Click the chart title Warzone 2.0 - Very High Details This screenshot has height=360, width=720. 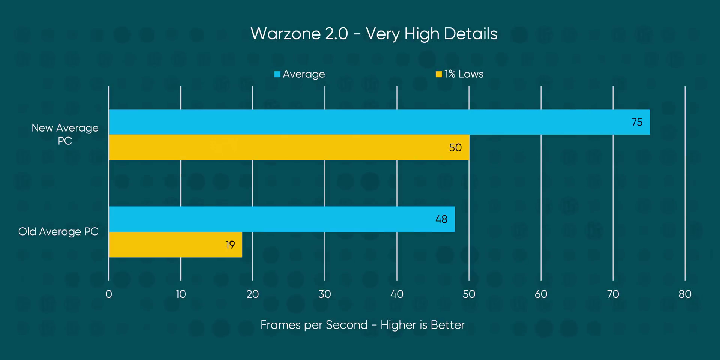click(374, 34)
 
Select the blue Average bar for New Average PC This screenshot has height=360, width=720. click(379, 122)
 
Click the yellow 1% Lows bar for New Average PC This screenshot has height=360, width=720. click(289, 147)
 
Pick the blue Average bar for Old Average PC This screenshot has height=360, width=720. click(281, 219)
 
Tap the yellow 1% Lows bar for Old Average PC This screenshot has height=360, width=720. click(175, 244)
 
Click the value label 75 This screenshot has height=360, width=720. click(637, 122)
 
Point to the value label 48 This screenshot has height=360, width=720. click(441, 219)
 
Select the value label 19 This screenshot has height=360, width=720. click(230, 245)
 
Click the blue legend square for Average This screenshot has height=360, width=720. click(277, 74)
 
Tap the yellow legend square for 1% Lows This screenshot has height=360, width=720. click(438, 74)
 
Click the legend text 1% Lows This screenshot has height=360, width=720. click(463, 74)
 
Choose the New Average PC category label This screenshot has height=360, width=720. click(65, 134)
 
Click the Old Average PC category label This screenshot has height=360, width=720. click(58, 232)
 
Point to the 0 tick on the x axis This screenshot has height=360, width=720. click(109, 294)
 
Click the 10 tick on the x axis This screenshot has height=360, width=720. click(181, 294)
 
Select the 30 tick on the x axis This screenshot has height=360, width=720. click(325, 294)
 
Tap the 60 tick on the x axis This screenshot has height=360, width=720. click(541, 294)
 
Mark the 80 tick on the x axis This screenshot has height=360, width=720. click(685, 294)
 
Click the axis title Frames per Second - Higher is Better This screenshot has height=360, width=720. click(362, 325)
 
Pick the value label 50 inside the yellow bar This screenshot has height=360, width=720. click(455, 148)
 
